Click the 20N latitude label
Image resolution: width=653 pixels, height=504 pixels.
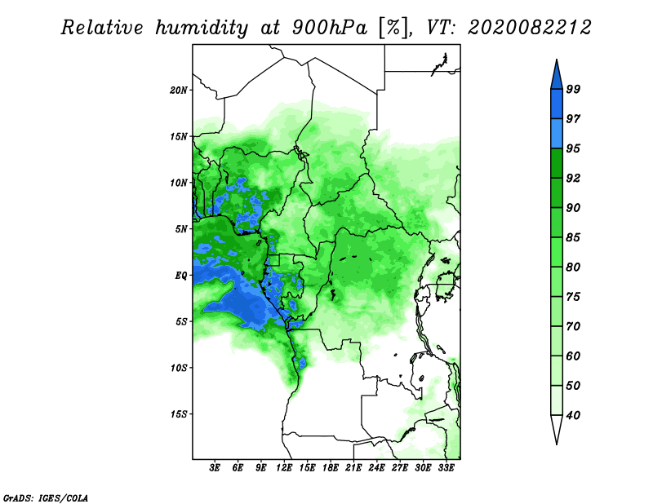179,91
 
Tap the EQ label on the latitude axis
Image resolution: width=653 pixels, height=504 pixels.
180,276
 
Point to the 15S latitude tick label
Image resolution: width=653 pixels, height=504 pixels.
179,414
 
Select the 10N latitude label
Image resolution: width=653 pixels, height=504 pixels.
179,183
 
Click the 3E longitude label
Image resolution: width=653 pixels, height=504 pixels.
215,468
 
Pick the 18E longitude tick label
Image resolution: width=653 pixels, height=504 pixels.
331,468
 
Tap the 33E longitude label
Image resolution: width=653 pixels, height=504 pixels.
446,468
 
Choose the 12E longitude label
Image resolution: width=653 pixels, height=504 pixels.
284,468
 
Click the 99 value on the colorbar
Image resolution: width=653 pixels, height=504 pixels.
573,89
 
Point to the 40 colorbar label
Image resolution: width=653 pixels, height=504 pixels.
573,415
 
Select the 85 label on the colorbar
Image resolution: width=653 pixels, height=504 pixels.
573,237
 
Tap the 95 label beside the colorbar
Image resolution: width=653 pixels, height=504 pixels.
573,148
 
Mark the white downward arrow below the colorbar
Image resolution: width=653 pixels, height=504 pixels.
557,429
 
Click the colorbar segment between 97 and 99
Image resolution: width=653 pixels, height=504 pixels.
557,104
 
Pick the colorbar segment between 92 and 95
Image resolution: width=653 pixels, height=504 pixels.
557,163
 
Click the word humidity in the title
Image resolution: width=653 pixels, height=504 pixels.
202,29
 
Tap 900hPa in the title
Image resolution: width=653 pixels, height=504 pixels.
330,28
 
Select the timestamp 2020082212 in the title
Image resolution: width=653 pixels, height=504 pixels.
529,28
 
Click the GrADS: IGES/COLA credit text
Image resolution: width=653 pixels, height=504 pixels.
46,498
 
